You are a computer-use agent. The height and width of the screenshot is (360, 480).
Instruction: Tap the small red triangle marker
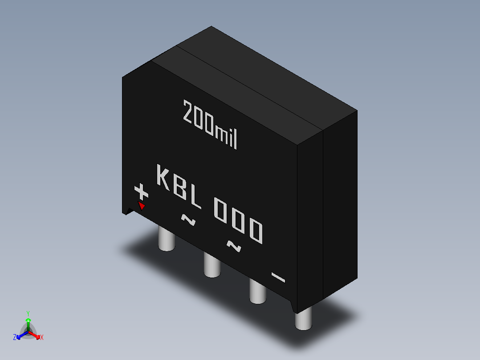coord(142,206)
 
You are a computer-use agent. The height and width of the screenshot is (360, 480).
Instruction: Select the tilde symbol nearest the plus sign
coord(188,219)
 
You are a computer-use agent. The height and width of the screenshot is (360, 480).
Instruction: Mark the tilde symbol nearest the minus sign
coord(234,246)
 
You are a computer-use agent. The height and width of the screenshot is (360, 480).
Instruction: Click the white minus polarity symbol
coord(278,278)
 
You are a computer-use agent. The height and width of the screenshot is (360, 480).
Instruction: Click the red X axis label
coord(42,337)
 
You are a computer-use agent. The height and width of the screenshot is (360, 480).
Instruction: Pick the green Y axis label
coord(28,313)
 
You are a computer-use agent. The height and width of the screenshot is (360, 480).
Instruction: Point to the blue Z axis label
coord(15,337)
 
